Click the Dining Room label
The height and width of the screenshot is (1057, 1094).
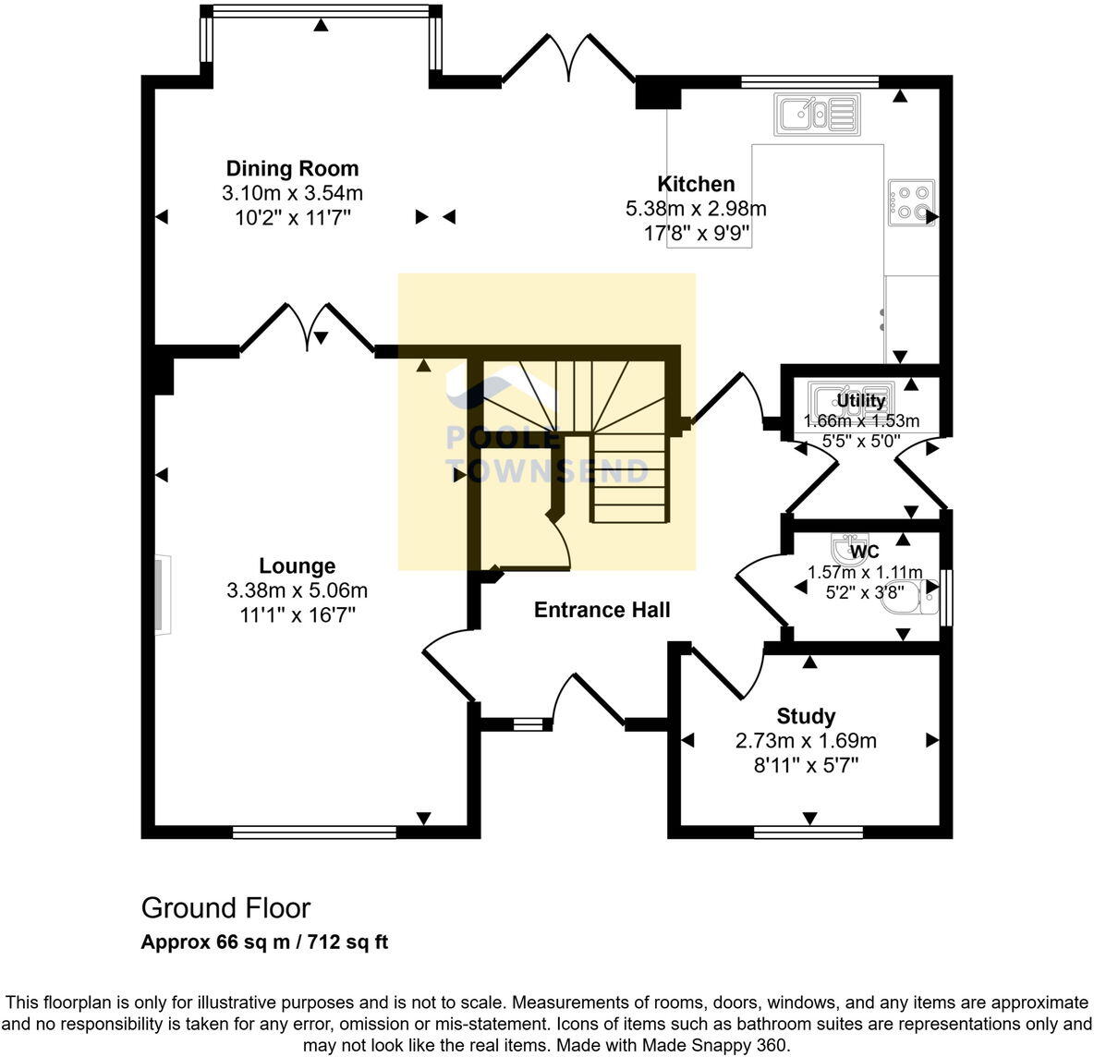[292, 168]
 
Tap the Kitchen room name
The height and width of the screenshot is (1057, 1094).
[696, 184]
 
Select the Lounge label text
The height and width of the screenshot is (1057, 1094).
[297, 565]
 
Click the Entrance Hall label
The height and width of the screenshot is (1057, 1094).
[602, 610]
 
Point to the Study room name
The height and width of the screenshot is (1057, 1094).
[806, 716]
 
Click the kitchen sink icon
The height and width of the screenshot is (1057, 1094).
[818, 115]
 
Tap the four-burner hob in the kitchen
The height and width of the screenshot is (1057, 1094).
[911, 203]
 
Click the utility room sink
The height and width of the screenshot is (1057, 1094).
[850, 400]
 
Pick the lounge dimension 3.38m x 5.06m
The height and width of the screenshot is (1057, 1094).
[297, 590]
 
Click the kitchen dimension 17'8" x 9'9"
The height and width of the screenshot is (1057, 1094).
[696, 234]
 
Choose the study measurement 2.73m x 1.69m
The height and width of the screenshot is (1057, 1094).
[806, 741]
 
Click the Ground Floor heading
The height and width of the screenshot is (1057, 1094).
[225, 908]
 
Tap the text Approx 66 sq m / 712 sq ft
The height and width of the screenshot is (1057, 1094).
[264, 943]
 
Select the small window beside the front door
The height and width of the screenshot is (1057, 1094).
[528, 724]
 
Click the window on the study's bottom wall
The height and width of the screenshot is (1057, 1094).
[808, 832]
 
